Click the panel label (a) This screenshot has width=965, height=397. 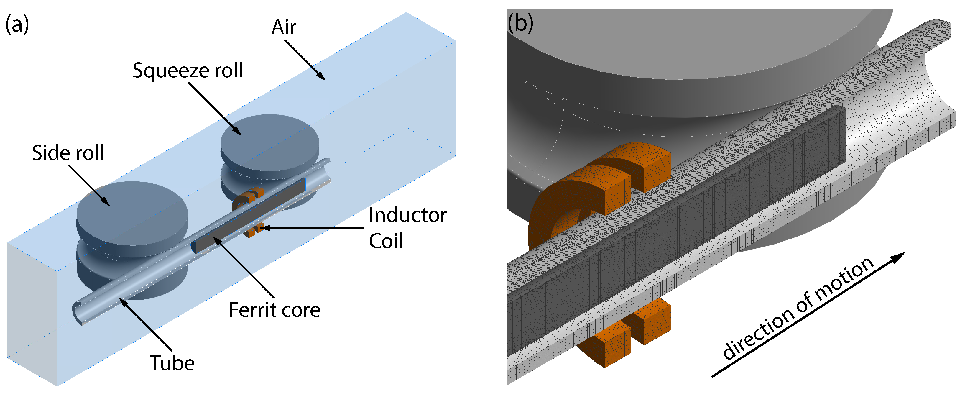pyautogui.click(x=17, y=25)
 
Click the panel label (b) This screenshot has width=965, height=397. pyautogui.click(x=520, y=23)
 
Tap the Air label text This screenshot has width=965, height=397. pyautogui.click(x=284, y=27)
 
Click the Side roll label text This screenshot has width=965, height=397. pyautogui.click(x=68, y=153)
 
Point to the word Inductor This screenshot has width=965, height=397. pyautogui.click(x=407, y=215)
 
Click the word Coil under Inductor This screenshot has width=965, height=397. pyautogui.click(x=386, y=241)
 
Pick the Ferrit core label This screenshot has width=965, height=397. pyautogui.click(x=274, y=310)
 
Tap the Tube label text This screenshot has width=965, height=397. pyautogui.click(x=172, y=363)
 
